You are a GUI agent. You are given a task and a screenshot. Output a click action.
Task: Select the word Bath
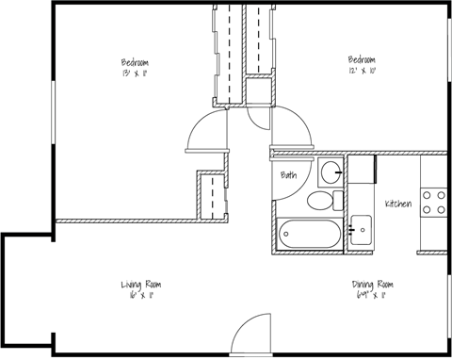point(289,176)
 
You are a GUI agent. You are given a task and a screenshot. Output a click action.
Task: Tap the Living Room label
point(141,285)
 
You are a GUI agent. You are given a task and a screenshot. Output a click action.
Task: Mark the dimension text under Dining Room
point(370,296)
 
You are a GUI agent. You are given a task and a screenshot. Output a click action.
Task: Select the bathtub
point(306,233)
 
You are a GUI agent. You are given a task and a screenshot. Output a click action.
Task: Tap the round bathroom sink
point(331,172)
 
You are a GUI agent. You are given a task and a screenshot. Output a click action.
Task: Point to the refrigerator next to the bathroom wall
point(362,172)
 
